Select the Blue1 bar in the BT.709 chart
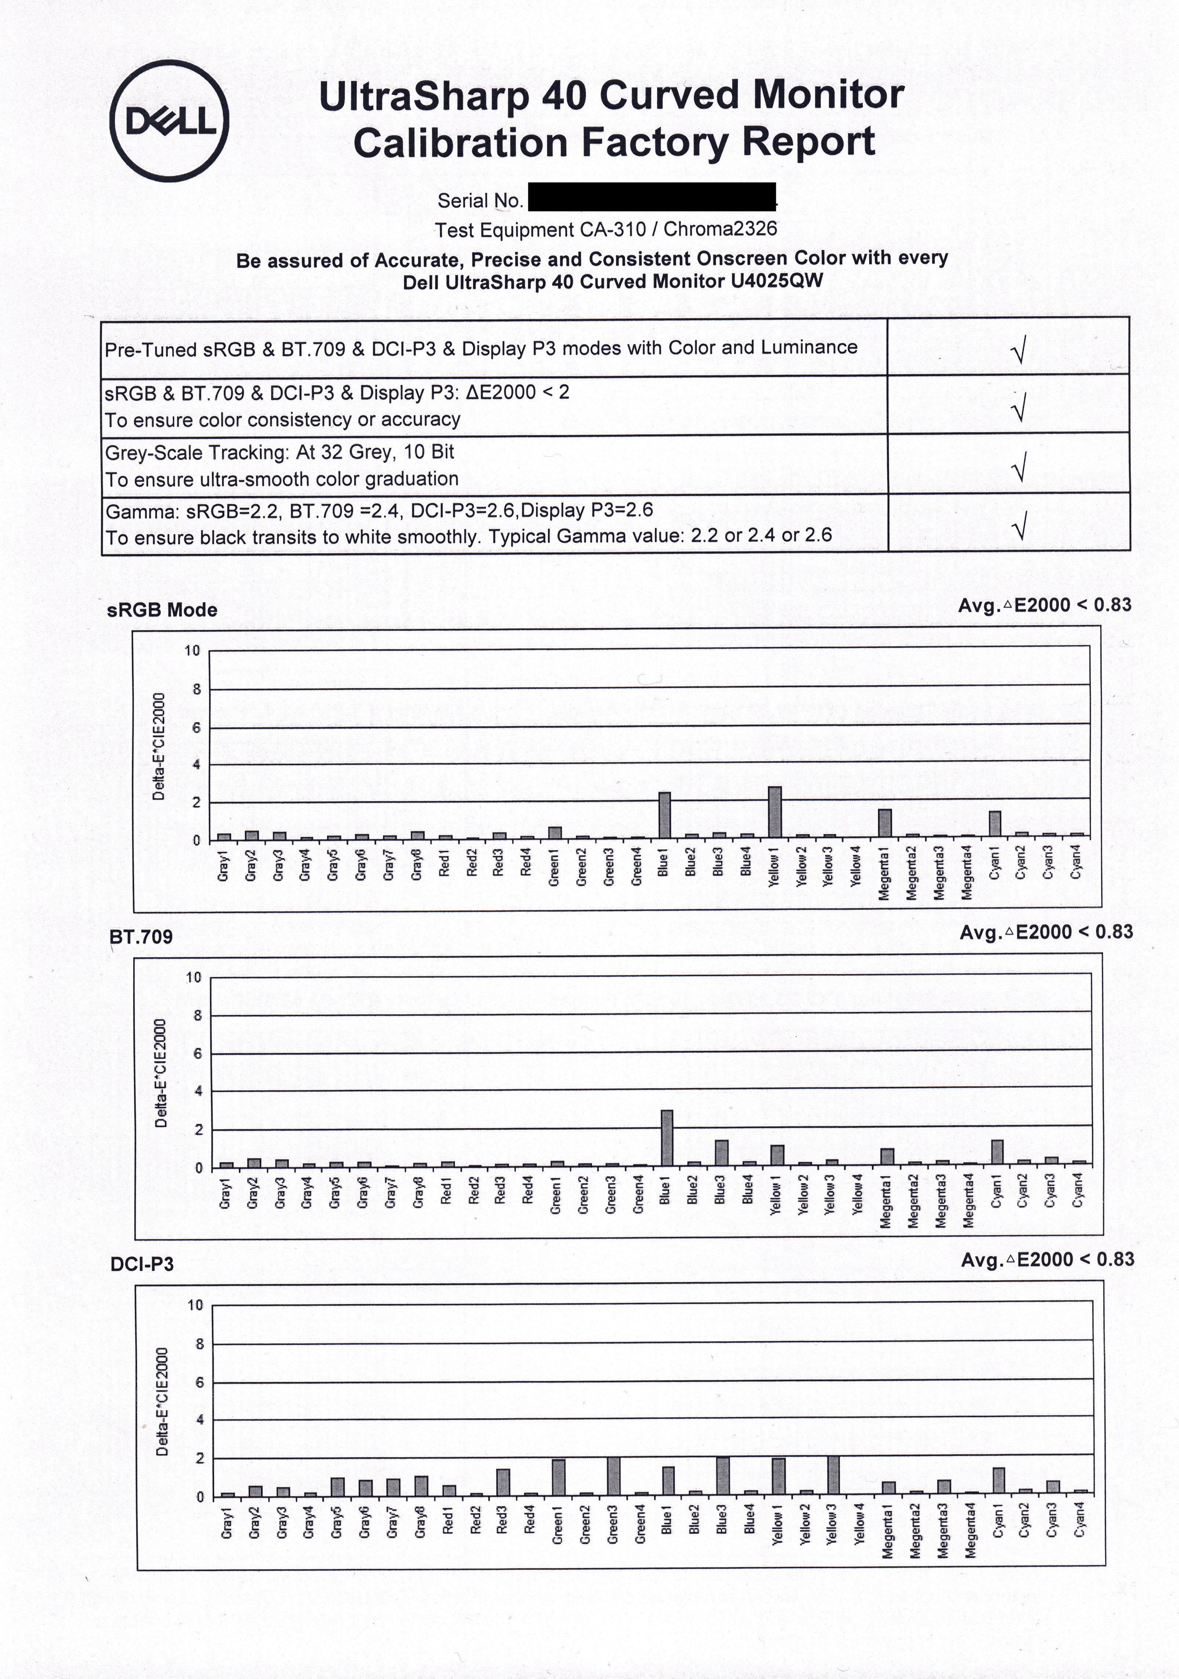click(666, 1137)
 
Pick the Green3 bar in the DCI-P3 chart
click(613, 1476)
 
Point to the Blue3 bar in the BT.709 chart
click(721, 1152)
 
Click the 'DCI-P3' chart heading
click(142, 1264)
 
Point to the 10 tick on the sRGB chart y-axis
click(191, 650)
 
